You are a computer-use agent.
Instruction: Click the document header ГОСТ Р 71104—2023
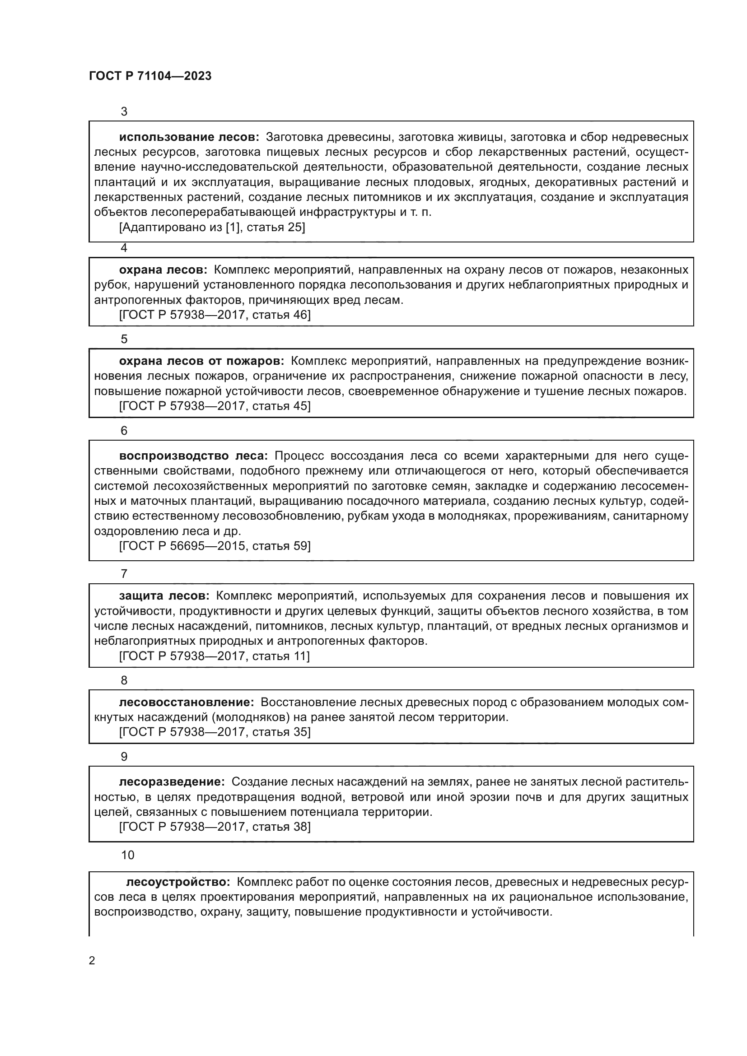(x=150, y=76)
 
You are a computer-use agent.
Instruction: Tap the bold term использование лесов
(x=189, y=137)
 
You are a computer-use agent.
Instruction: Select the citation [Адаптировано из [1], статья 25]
(x=212, y=227)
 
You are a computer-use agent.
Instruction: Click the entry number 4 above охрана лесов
(x=124, y=248)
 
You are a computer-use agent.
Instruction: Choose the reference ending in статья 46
(x=215, y=315)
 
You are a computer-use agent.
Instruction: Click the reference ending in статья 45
(x=215, y=406)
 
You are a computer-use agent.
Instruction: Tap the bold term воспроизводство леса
(x=193, y=456)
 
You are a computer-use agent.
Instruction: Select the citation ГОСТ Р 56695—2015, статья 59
(x=215, y=546)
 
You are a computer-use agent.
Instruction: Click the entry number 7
(x=124, y=574)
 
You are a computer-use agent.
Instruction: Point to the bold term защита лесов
(x=164, y=596)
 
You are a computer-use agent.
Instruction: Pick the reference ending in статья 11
(x=215, y=656)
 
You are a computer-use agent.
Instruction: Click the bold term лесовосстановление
(x=186, y=702)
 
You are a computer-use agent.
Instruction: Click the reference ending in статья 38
(x=215, y=827)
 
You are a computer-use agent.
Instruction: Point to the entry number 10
(x=127, y=855)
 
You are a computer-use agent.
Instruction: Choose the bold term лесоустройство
(x=178, y=882)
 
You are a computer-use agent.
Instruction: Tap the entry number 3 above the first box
(x=124, y=112)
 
